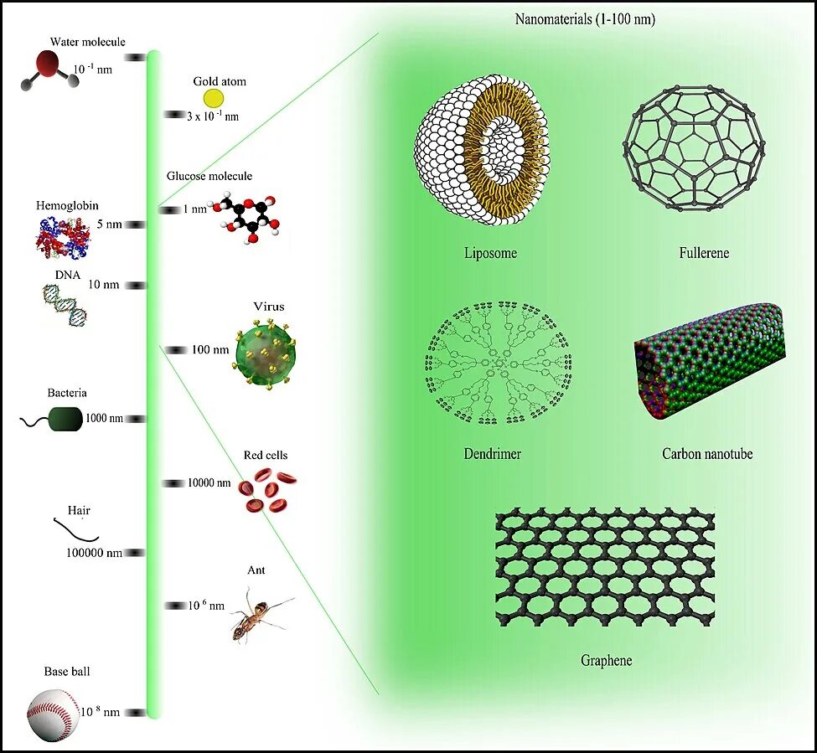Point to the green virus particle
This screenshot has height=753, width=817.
click(x=266, y=351)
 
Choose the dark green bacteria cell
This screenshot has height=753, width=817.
click(x=65, y=419)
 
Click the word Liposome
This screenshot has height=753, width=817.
click(x=490, y=252)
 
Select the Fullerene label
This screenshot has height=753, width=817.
click(x=704, y=252)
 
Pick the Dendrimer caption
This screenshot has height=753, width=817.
click(x=492, y=454)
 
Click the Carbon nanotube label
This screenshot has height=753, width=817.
click(x=707, y=454)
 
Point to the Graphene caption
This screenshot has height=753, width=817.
click(x=606, y=660)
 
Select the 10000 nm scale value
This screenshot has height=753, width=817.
click(x=209, y=482)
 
